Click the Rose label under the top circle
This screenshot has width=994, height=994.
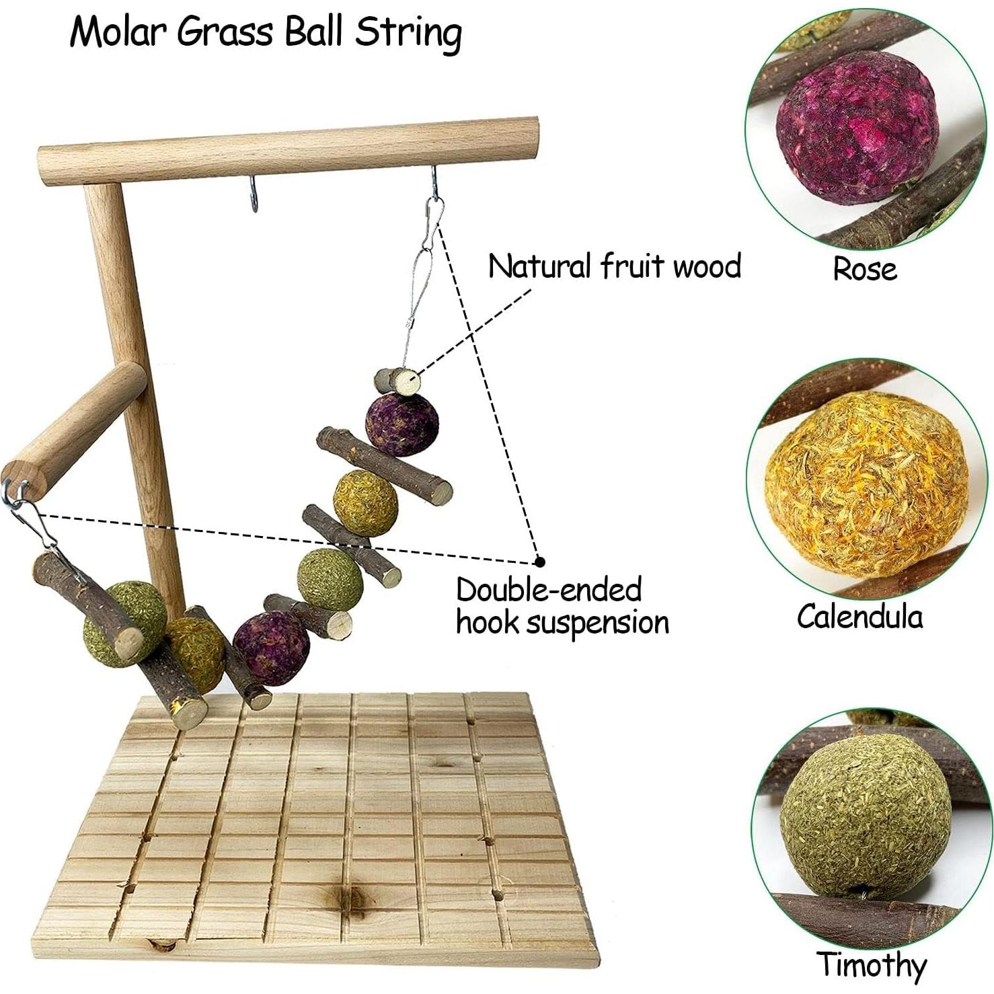pyautogui.click(x=864, y=269)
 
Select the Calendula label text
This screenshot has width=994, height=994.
pyautogui.click(x=859, y=616)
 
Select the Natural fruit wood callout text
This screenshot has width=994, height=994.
pyautogui.click(x=614, y=266)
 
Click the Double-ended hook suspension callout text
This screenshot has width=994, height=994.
pyautogui.click(x=562, y=606)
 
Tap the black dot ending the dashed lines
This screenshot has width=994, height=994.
pyautogui.click(x=539, y=561)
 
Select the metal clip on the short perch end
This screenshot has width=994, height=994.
pyautogui.click(x=28, y=514)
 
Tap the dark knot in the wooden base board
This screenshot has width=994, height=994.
pyautogui.click(x=350, y=895)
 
